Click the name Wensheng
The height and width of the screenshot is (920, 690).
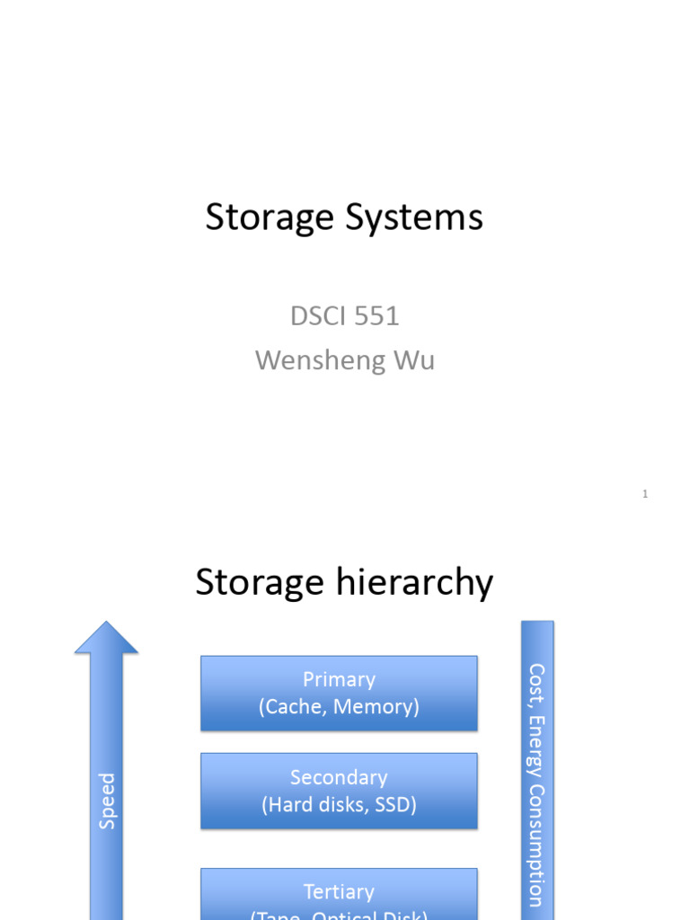tap(313, 360)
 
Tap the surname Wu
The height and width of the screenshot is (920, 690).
tap(413, 360)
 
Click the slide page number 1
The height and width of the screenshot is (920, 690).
tap(645, 493)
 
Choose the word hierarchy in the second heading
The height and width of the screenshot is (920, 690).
tap(413, 582)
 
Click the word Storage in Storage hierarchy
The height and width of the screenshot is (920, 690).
tap(259, 582)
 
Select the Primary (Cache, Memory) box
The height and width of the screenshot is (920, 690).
tap(339, 693)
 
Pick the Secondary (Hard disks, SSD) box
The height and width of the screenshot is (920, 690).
tap(339, 791)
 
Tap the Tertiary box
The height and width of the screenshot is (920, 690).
tap(339, 894)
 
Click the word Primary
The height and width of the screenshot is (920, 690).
tap(339, 680)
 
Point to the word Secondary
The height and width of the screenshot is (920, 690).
tap(339, 777)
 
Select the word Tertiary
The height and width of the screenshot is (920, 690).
tap(339, 892)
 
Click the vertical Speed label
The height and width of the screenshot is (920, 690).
tap(107, 801)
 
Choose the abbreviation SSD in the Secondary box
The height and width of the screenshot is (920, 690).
tap(396, 805)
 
